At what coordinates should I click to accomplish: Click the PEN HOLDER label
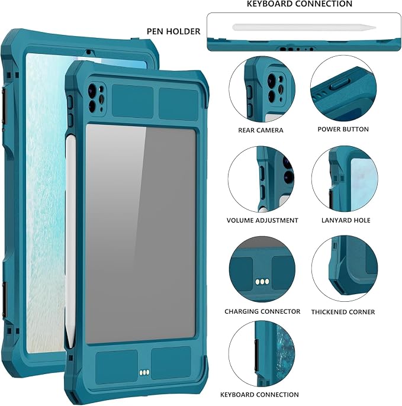coord(173,31)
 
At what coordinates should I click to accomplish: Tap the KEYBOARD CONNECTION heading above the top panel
coord(300,4)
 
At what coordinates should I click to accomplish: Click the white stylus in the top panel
coord(304,27)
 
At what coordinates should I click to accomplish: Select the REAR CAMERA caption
coord(261,130)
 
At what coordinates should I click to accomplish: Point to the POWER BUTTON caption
coord(343,129)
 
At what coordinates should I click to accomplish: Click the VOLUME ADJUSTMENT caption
coord(262,220)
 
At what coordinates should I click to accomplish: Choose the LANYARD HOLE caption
coord(346,220)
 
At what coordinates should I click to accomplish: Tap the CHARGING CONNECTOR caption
coord(262,311)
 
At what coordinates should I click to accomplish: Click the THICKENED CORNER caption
coord(343,312)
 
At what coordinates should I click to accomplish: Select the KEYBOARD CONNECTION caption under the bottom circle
coord(259,395)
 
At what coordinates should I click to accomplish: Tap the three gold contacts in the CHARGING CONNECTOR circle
coord(262,282)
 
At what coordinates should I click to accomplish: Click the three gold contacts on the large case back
coord(144,372)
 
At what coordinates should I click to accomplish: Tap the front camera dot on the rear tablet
coord(88,52)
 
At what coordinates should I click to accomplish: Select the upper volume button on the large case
coord(70,101)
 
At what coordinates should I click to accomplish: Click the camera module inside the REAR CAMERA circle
coord(275,87)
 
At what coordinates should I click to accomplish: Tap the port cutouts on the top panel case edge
coord(297,49)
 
